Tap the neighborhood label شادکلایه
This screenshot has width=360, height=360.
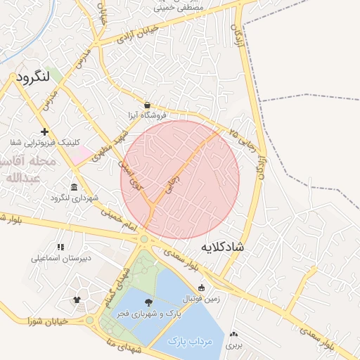(x=222, y=247)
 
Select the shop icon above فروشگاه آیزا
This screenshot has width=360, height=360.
(x=147, y=105)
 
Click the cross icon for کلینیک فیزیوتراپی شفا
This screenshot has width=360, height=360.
(x=45, y=131)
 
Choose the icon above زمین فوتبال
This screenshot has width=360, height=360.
(x=201, y=287)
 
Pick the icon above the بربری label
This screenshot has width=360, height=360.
(x=233, y=335)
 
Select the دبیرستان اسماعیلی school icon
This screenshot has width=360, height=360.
(x=60, y=247)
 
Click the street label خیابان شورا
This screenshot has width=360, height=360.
(x=48, y=321)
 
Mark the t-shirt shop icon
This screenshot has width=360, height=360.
(x=76, y=300)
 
